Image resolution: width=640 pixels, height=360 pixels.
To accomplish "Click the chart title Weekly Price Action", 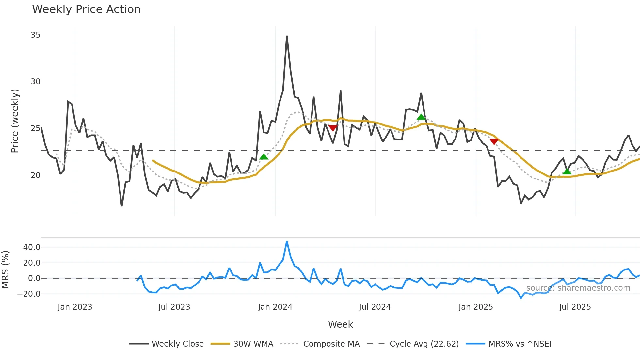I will pos(86,9).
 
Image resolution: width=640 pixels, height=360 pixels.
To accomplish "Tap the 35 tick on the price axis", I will pos(36,35).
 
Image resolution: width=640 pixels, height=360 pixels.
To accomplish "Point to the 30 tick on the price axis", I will pos(36,82).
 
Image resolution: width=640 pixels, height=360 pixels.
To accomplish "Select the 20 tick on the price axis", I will pos(36,175).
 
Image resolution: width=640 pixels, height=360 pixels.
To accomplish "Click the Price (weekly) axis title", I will pos(15,121).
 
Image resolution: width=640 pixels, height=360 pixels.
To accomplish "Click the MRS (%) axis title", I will pos(6,270).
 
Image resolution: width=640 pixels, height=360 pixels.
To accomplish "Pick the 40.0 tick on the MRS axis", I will pos(32,247).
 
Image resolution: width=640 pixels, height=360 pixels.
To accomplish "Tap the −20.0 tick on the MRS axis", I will pos(29,294).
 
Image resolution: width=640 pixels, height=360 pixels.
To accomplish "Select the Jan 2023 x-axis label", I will pos(75,307).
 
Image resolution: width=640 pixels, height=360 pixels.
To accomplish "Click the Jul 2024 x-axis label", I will pos(375,307).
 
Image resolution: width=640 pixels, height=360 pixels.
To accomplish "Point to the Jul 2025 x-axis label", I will pos(575,307).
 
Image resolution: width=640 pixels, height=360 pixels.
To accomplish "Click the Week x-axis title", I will pos(340,324).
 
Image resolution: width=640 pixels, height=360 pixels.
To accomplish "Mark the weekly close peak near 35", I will pos(287,36).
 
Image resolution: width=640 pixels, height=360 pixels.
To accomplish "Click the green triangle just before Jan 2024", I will pos(264,157).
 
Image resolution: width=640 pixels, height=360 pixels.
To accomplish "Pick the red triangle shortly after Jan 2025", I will pos(494,141).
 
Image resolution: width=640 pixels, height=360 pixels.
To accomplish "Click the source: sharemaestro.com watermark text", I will pos(578,288).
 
